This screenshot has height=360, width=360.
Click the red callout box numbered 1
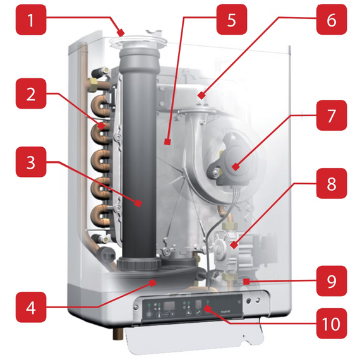31,20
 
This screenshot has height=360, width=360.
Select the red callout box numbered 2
31,93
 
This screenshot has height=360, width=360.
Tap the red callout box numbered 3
31,162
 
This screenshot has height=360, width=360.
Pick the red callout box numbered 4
31,307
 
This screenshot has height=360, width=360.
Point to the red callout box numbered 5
232,20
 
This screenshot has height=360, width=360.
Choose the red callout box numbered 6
332,20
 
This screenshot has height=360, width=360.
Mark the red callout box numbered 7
332,115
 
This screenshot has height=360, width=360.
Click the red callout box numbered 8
332,183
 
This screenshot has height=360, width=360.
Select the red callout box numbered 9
332,281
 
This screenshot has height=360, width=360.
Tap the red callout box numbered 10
332,323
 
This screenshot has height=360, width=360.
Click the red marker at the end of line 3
138,203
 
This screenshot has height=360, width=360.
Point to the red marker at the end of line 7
236,167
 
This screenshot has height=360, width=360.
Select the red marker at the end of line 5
167,142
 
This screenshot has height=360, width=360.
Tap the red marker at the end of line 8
234,245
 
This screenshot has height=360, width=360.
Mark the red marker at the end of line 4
153,282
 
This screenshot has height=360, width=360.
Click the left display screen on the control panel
169,306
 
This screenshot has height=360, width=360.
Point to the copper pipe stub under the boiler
117,335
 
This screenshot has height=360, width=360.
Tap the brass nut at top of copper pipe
93,81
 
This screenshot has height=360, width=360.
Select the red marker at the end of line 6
201,95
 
